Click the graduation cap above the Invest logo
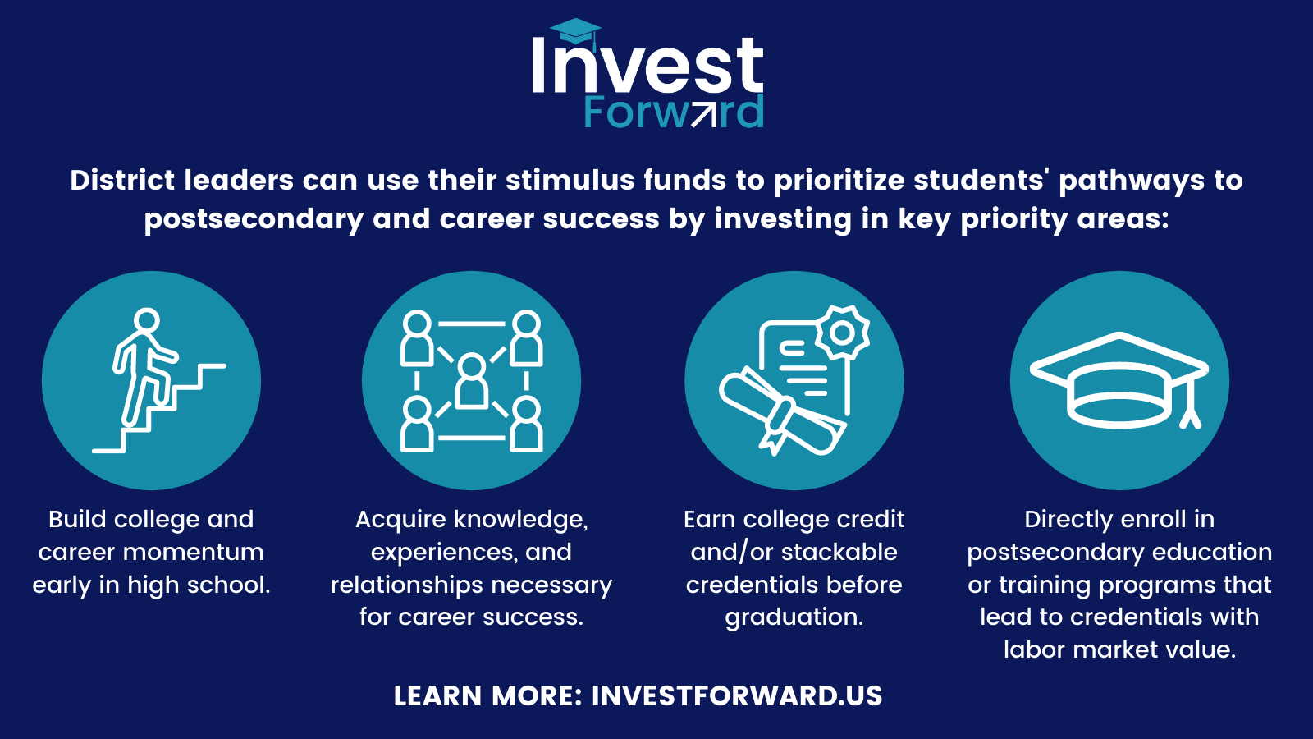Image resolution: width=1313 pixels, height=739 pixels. coord(575,32)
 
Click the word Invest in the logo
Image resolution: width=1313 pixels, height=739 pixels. coord(647,65)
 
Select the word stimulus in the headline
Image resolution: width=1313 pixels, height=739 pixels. coord(570,180)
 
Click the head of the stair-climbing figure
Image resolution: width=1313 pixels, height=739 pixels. coord(146,321)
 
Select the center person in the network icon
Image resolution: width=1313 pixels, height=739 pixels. coord(471,382)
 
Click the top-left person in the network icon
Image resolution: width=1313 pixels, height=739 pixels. coord(417,339)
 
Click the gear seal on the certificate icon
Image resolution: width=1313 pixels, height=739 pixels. coord(842,333)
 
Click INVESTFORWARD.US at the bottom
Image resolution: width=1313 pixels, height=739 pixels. coord(737,696)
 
